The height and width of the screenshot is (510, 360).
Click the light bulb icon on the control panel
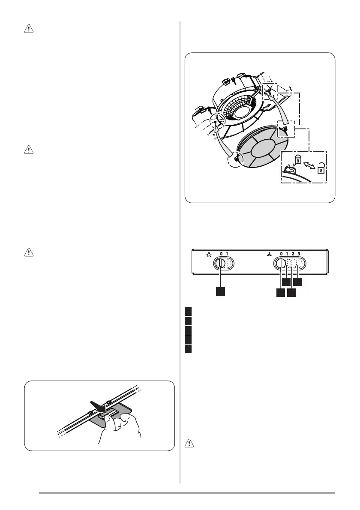(x=208, y=254)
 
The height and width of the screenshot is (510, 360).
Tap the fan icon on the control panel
(x=269, y=254)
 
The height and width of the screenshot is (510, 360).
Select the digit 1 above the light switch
(x=227, y=254)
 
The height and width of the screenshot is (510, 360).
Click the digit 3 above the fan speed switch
(x=299, y=254)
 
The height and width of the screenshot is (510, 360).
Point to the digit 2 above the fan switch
(x=293, y=254)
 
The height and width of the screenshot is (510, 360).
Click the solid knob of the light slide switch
(x=220, y=263)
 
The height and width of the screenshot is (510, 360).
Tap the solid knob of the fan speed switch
(x=280, y=263)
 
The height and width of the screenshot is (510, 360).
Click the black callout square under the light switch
(x=220, y=291)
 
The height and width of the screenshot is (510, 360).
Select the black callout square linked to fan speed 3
(x=298, y=282)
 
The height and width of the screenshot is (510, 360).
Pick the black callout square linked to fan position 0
(x=281, y=292)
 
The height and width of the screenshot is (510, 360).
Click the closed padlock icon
(x=297, y=160)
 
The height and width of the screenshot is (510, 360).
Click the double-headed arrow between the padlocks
(x=309, y=164)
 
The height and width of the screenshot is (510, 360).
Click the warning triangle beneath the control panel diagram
(x=189, y=443)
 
